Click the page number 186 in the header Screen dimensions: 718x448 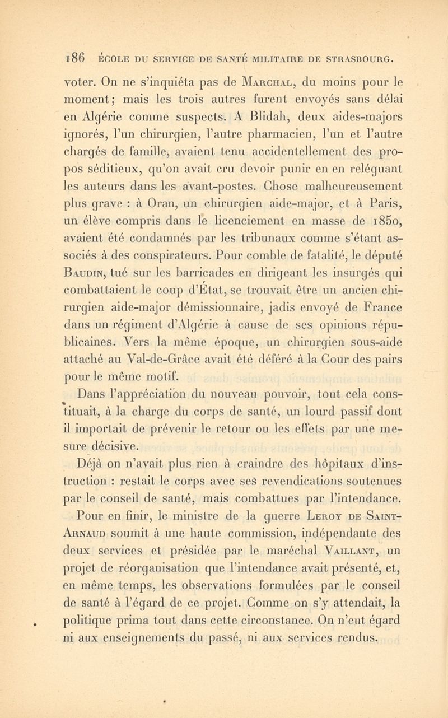(75, 57)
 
